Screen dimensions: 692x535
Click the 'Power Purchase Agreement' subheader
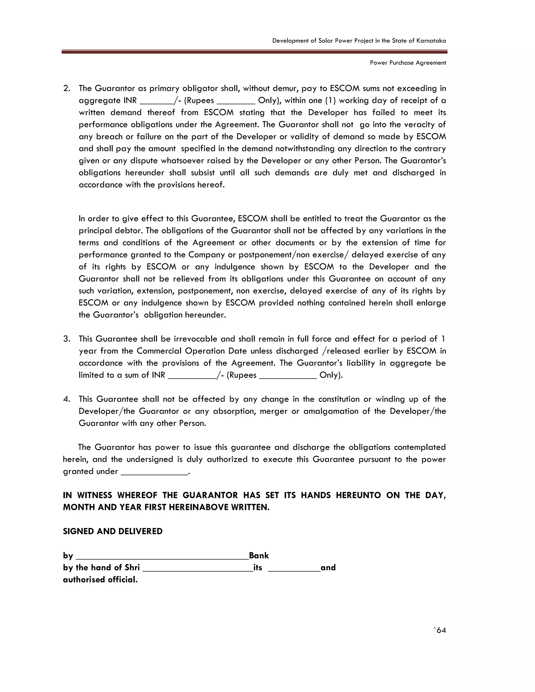[x=408, y=63]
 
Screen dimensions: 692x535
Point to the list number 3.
[x=67, y=339]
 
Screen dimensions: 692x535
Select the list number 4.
[x=67, y=399]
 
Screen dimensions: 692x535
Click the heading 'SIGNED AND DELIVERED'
[x=113, y=531]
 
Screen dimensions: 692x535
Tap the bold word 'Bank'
[x=259, y=555]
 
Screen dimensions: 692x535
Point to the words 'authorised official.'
[x=100, y=579]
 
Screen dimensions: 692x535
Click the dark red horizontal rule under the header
[x=254, y=52]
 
